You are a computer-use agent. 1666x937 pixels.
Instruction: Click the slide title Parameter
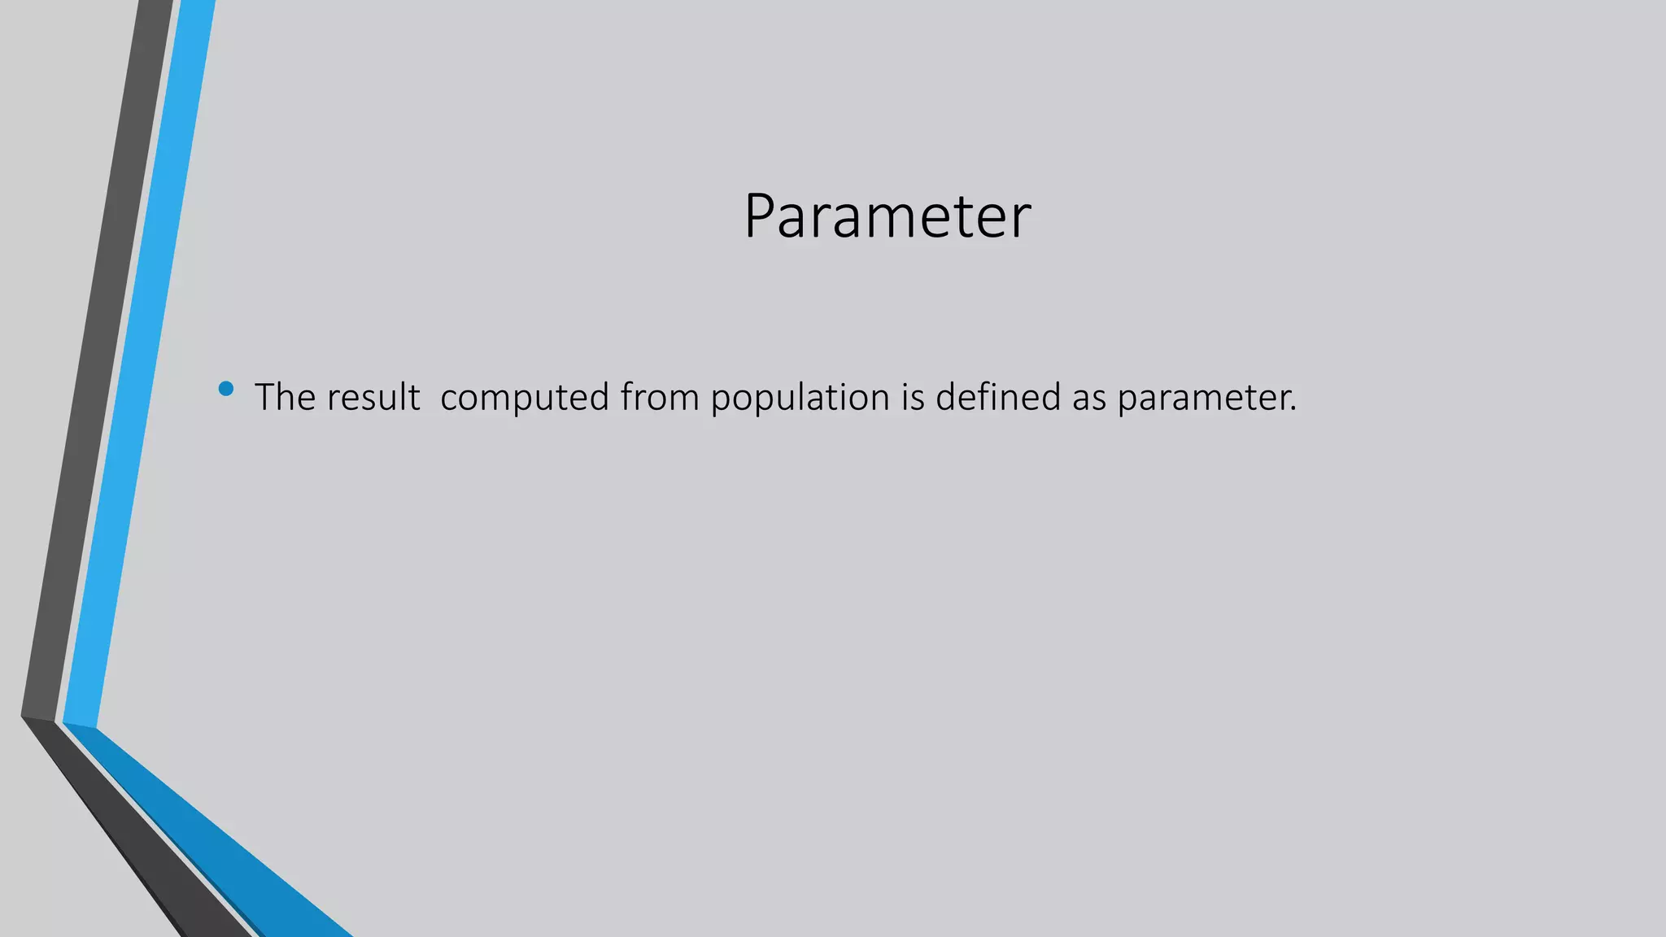coord(888,216)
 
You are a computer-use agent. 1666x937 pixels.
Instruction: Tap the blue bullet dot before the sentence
coord(226,389)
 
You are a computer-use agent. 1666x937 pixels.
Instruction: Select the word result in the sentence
coord(373,397)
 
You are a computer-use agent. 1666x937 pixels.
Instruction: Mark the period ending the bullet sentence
coord(1293,409)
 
